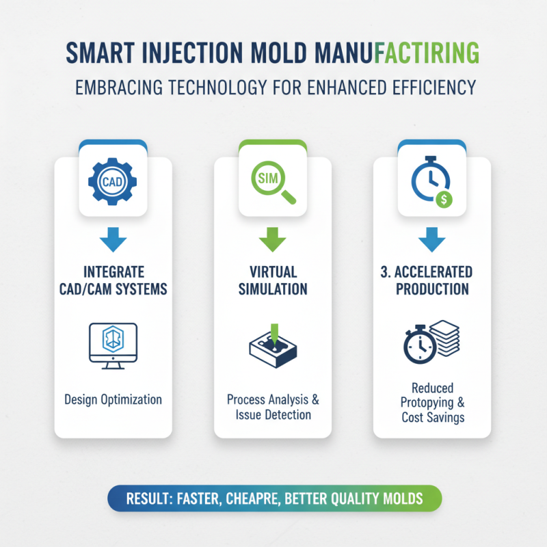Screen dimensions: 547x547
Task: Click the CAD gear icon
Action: [x=113, y=181]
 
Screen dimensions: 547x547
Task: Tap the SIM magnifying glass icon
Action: [x=273, y=181]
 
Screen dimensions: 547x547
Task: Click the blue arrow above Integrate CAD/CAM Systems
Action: [x=114, y=241]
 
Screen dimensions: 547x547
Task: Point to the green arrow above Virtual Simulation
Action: [x=273, y=241]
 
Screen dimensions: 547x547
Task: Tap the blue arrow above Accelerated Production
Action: [x=431, y=241]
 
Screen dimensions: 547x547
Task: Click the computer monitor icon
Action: [x=114, y=345]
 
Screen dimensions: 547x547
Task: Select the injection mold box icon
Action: [x=273, y=347]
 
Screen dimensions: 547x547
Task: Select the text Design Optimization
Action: [x=113, y=399]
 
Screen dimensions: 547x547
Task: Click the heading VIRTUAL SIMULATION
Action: [x=273, y=280]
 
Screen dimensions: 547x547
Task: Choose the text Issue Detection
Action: [x=273, y=415]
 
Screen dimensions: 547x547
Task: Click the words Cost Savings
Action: [x=431, y=417]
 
